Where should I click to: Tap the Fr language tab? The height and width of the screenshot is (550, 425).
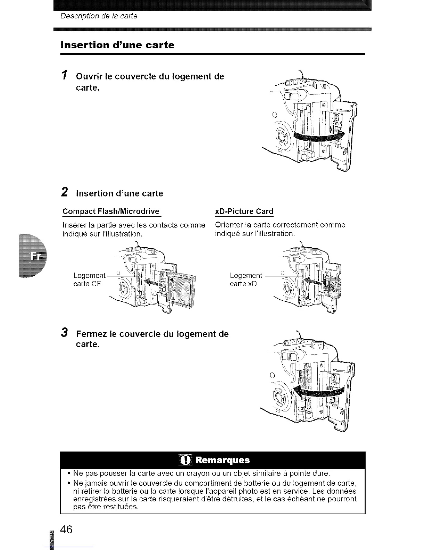point(35,256)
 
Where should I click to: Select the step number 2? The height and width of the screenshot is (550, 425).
point(65,192)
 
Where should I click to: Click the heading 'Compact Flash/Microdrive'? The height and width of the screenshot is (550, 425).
point(111,211)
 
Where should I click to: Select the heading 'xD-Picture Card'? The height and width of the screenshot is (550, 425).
point(244,211)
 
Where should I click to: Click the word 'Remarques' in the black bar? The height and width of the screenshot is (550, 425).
point(222,460)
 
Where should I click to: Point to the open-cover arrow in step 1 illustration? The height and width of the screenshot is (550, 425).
point(319,136)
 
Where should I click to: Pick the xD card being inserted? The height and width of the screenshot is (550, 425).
point(333,286)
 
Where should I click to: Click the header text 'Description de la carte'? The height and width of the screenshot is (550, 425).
point(99,16)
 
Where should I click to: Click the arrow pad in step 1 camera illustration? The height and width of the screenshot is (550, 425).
point(282,137)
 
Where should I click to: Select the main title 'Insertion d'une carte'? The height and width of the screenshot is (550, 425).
point(117,45)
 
